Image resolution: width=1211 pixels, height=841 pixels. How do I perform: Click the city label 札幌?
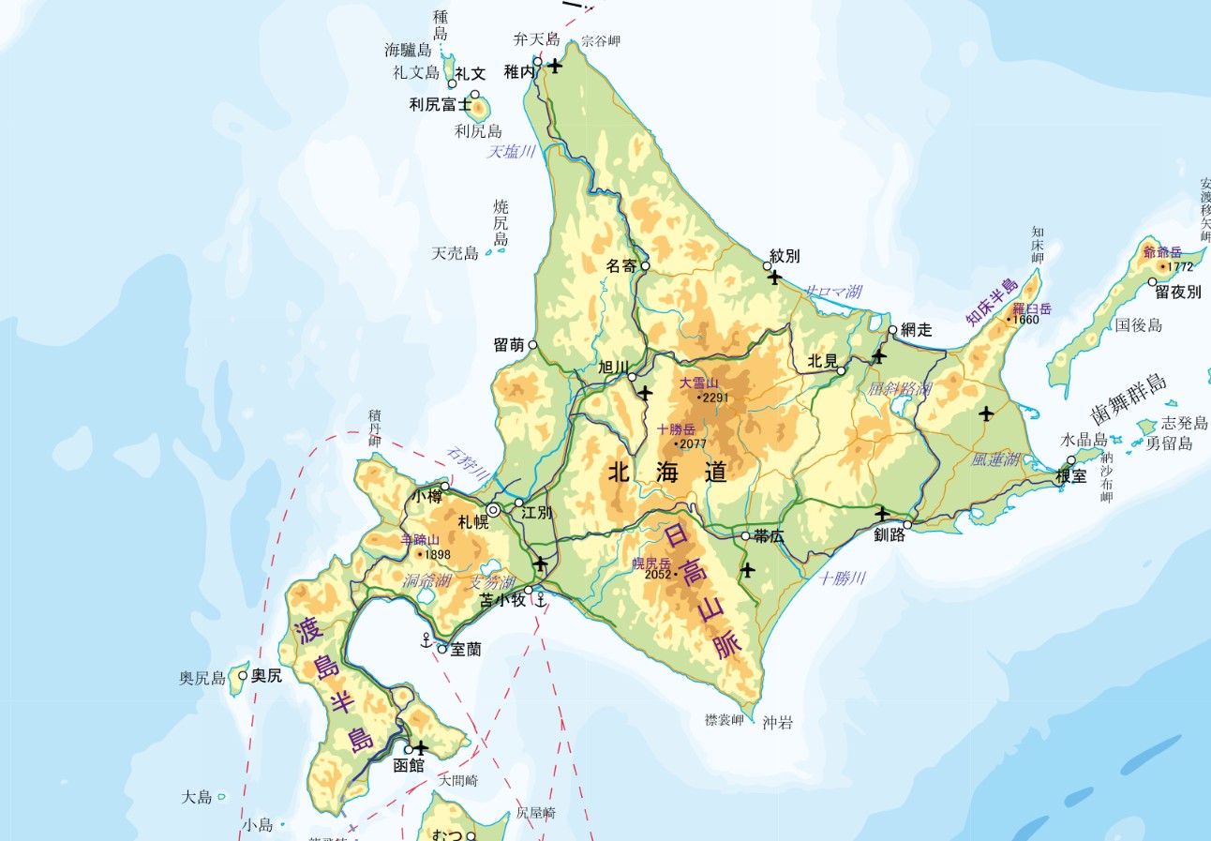pyautogui.click(x=473, y=522)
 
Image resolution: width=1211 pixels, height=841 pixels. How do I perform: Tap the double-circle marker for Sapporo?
pyautogui.click(x=493, y=510)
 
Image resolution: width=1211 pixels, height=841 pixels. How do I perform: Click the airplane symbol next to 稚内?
pyautogui.click(x=555, y=66)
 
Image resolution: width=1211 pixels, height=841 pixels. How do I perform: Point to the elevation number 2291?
pyautogui.click(x=714, y=398)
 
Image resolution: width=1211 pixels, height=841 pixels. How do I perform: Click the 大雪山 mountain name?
pyautogui.click(x=698, y=383)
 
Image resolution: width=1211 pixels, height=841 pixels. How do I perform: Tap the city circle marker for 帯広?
pyautogui.click(x=745, y=536)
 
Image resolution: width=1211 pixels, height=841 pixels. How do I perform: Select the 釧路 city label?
pyautogui.click(x=890, y=534)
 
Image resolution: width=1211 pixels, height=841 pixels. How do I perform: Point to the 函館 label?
pyautogui.click(x=409, y=765)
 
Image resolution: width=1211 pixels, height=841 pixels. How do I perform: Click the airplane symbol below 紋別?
pyautogui.click(x=774, y=277)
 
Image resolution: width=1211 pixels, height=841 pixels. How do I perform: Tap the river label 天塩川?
pyautogui.click(x=511, y=152)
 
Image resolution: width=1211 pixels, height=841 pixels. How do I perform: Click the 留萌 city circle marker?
pyautogui.click(x=533, y=345)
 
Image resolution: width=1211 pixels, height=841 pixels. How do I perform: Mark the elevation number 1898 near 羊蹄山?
pyautogui.click(x=437, y=554)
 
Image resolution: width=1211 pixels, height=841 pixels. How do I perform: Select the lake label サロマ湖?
pyautogui.click(x=834, y=292)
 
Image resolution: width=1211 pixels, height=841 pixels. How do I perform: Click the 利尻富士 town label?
pyautogui.click(x=440, y=105)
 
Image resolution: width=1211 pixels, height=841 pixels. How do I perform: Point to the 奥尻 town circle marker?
pyautogui.click(x=243, y=675)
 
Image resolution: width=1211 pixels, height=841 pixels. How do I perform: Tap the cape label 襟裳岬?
pyautogui.click(x=725, y=720)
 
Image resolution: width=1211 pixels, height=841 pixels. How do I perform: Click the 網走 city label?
pyautogui.click(x=917, y=330)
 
